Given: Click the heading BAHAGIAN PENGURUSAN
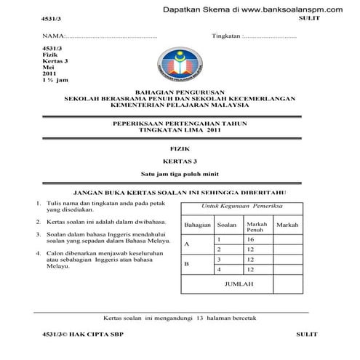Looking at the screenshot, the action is pos(180,92).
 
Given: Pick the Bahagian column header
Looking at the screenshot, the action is pos(197,225).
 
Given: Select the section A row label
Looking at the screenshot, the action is pos(187,244).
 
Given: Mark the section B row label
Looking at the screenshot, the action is pos(187,264).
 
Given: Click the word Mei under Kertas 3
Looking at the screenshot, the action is pos(49,66).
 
